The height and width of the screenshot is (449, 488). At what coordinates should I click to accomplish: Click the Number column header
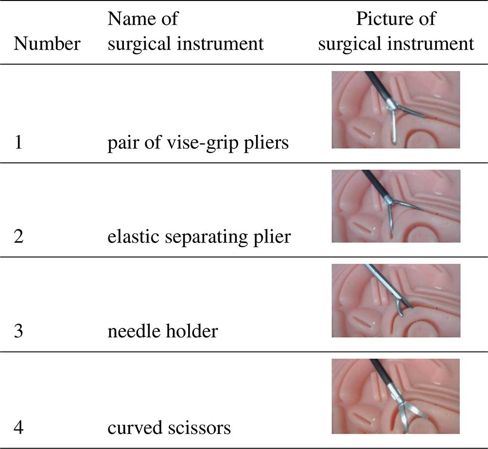47,44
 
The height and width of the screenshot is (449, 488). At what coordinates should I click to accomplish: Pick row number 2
19,238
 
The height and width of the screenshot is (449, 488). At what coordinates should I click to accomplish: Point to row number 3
19,332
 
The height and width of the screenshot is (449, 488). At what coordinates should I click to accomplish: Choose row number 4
19,428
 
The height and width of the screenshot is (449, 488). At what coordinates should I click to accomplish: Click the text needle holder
162,332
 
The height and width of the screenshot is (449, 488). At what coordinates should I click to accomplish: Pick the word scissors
200,428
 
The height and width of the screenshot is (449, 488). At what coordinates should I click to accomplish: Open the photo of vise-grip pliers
396,110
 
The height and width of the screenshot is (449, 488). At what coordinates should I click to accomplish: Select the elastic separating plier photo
396,206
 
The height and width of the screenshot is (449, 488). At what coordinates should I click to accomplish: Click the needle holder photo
396,300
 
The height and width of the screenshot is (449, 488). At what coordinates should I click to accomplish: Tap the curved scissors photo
396,396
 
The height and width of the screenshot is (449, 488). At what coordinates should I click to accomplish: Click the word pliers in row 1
272,144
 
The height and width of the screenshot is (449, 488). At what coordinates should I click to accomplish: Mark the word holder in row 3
192,332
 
